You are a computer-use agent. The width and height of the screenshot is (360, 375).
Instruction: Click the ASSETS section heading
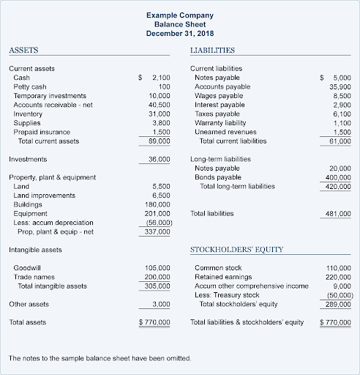(x=23, y=51)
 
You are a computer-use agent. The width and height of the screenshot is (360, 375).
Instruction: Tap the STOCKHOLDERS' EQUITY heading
(x=236, y=250)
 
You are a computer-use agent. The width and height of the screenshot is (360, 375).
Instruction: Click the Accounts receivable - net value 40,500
(x=160, y=105)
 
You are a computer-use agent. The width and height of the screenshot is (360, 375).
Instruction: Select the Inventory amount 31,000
(x=160, y=114)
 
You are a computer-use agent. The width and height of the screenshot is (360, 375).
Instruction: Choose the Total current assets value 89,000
(x=160, y=141)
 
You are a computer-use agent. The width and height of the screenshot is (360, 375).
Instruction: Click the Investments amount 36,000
(x=160, y=159)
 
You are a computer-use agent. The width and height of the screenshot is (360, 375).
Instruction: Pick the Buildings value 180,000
(x=157, y=204)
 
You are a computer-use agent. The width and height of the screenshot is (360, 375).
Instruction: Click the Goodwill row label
(x=27, y=268)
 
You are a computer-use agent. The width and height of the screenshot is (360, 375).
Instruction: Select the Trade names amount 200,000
(x=157, y=277)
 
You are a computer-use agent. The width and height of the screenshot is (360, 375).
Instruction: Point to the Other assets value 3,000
(x=162, y=303)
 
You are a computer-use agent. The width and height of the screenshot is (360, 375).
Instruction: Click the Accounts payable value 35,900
(x=340, y=86)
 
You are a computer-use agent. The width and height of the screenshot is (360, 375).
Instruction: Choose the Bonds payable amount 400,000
(x=337, y=177)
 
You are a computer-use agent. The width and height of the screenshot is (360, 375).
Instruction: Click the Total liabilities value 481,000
(x=337, y=214)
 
